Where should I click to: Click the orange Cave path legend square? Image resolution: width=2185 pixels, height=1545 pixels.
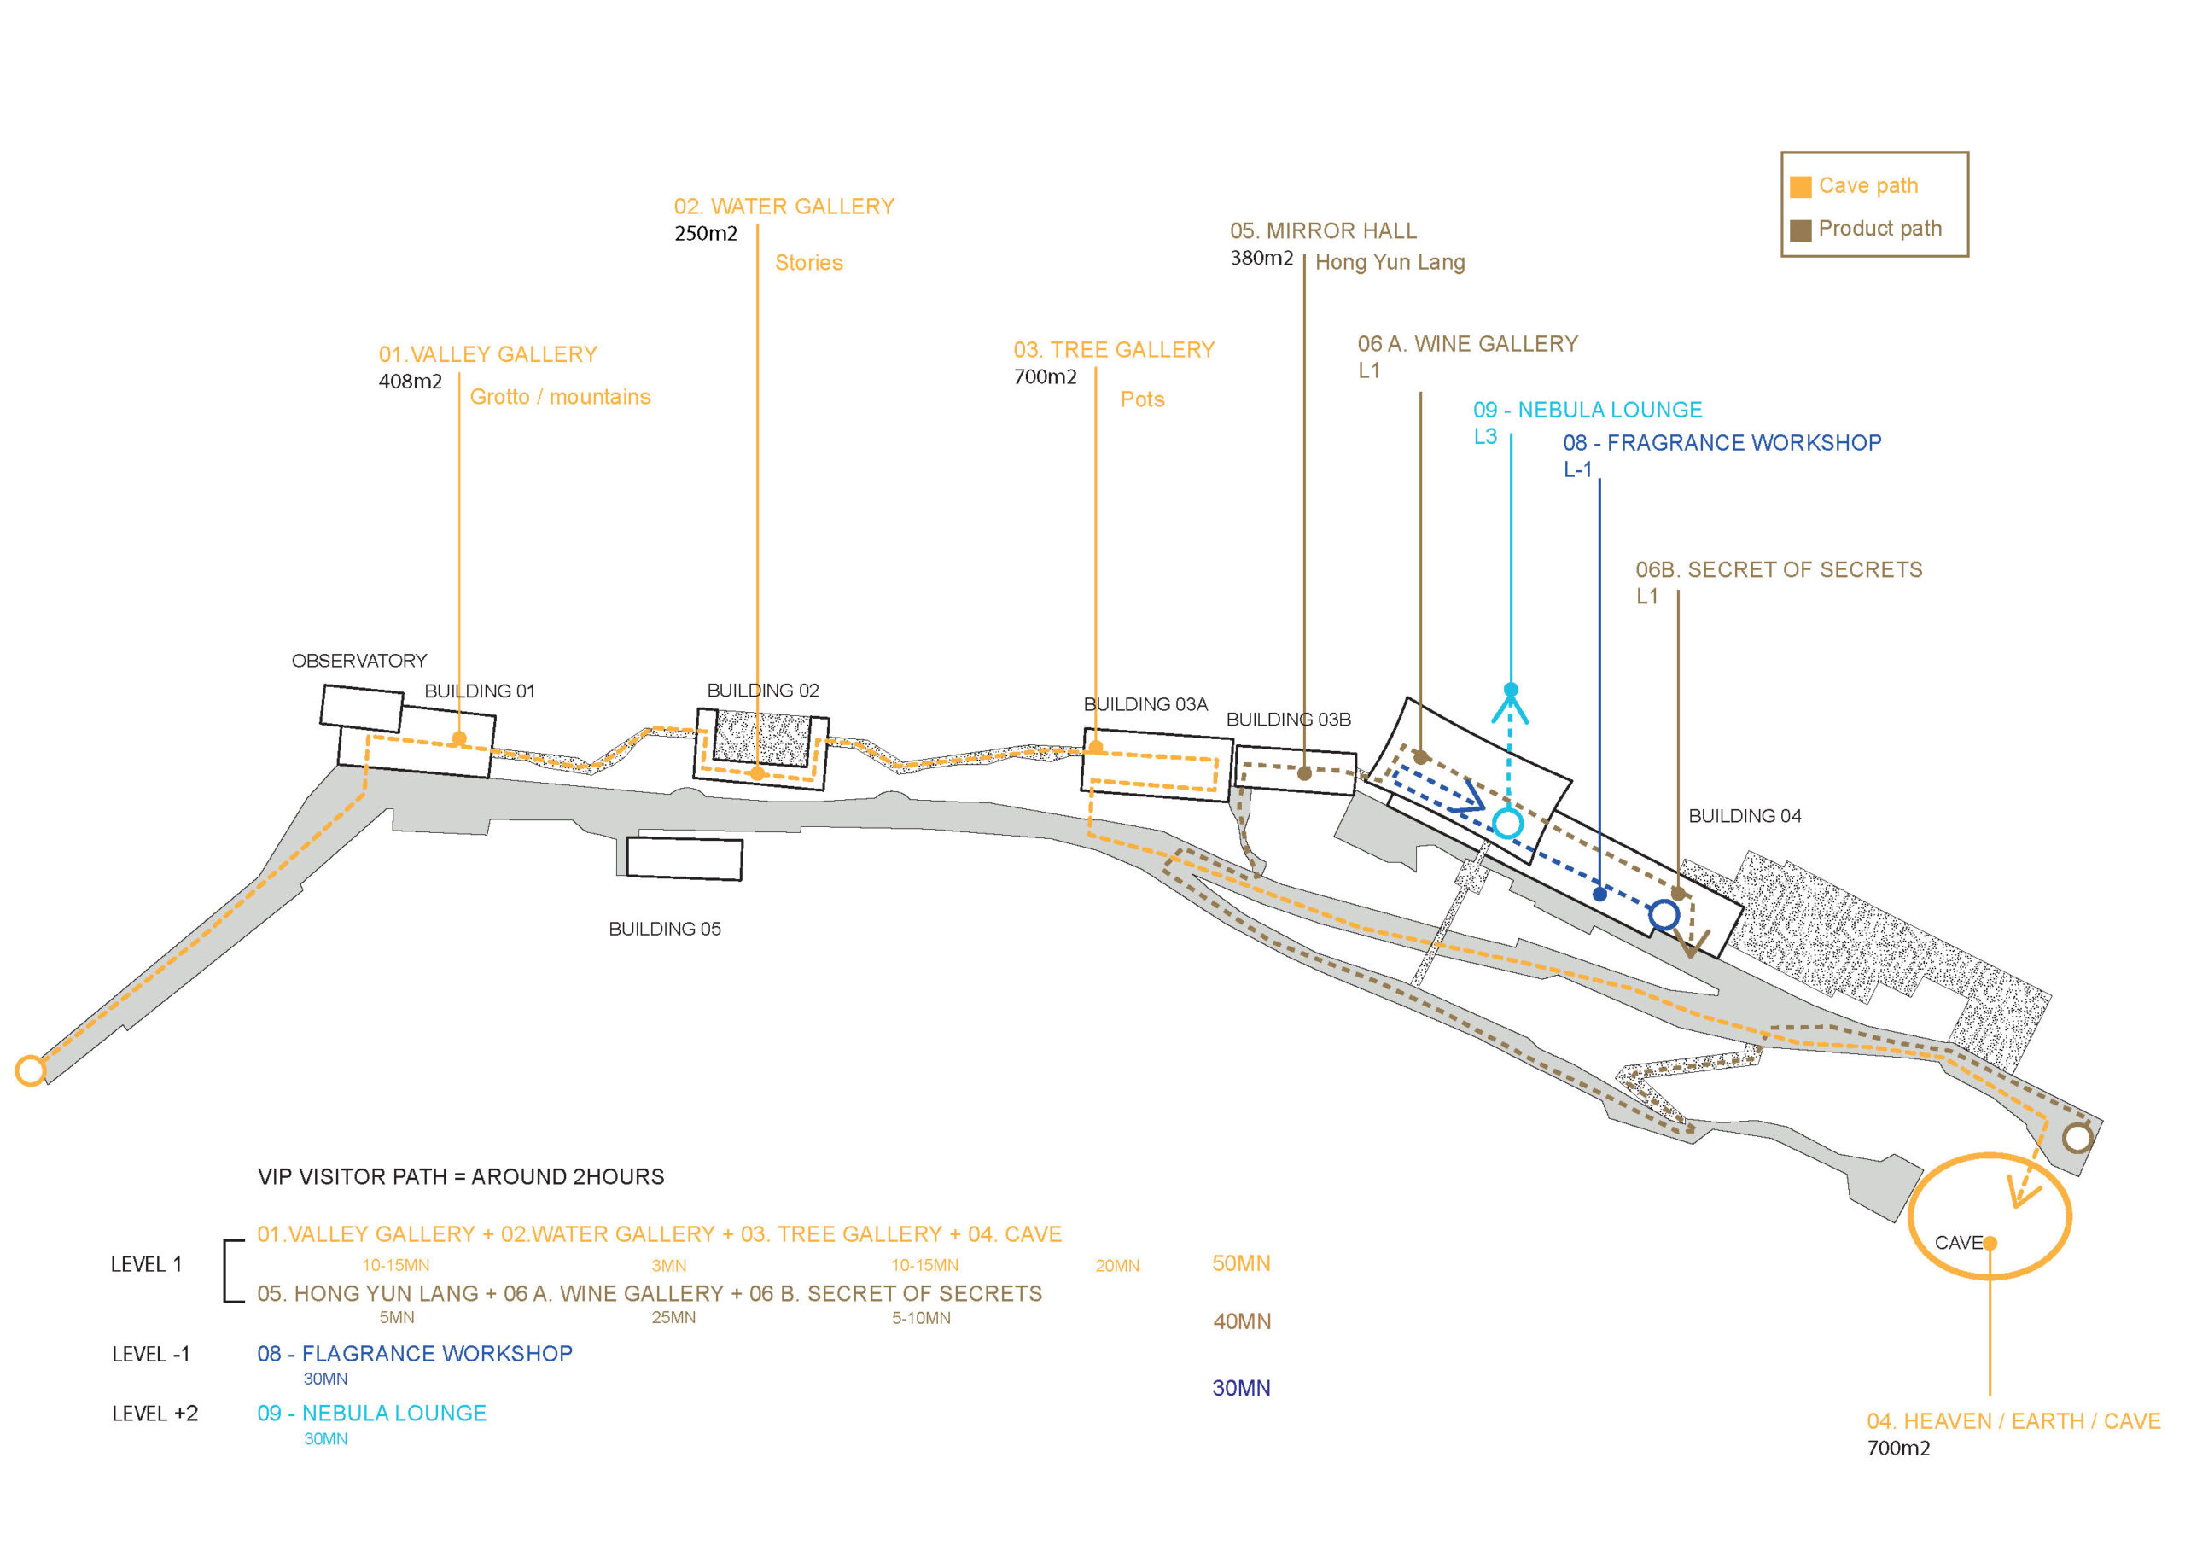point(1801,187)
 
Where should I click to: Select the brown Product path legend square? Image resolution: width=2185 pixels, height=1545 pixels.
point(1801,230)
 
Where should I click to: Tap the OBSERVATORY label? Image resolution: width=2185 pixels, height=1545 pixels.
point(358,661)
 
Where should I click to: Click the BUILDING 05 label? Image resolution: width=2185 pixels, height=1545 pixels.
point(664,928)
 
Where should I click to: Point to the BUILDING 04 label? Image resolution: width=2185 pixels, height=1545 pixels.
point(1745,816)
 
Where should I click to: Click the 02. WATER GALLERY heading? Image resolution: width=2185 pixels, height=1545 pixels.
point(784,207)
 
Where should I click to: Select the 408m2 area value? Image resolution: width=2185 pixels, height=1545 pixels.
point(411,382)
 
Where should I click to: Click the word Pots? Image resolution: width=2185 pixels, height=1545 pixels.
point(1142,399)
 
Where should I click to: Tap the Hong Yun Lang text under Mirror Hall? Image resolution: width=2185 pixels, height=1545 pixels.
point(1390,263)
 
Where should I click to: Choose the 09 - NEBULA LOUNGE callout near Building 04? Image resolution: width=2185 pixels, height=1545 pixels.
point(1588,411)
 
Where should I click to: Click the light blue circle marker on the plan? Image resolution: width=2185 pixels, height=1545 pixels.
point(1507,824)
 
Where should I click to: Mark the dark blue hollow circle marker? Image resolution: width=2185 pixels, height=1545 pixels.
point(1664,915)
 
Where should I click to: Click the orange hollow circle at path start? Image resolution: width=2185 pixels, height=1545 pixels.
point(31,1071)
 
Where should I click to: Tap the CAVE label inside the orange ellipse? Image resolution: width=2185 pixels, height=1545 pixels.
point(1959,1243)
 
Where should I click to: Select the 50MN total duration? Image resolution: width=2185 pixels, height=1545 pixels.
point(1241,1264)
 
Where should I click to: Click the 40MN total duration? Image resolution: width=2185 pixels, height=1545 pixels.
point(1241,1322)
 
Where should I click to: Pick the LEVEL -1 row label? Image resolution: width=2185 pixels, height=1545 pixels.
point(150,1355)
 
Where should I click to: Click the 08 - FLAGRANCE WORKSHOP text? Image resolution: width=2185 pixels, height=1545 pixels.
point(415,1354)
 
